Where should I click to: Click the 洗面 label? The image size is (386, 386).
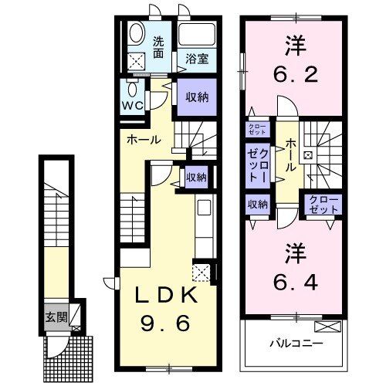pyautogui.click(x=158, y=47)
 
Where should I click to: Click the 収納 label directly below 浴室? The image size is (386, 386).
pyautogui.click(x=196, y=96)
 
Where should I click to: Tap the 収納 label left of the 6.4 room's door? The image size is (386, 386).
pyautogui.click(x=257, y=204)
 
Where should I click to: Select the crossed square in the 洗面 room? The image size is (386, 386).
pyautogui.click(x=137, y=61)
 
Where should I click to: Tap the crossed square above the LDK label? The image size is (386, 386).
pyautogui.click(x=202, y=272)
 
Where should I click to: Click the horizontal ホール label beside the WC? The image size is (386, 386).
pyautogui.click(x=145, y=140)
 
